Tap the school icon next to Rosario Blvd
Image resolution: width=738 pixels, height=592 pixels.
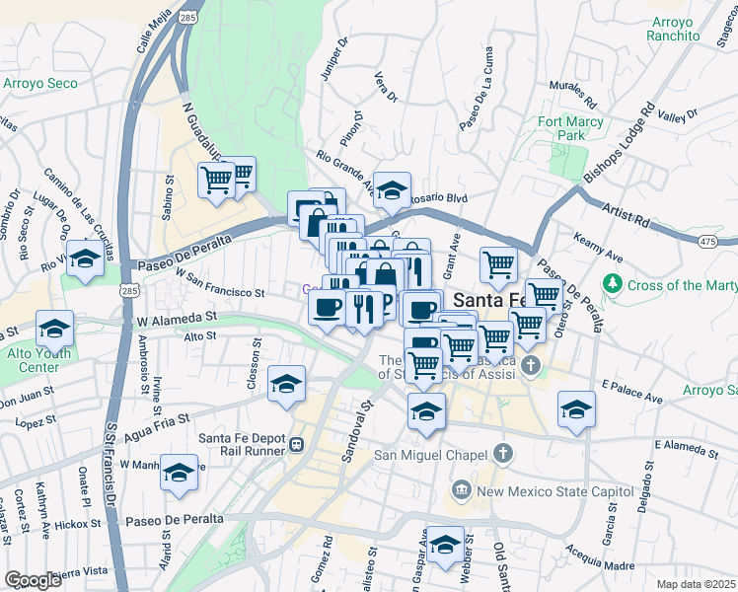[392, 190]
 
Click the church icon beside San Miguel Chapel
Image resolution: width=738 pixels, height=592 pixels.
[503, 455]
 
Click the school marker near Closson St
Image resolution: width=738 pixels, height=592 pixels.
[286, 384]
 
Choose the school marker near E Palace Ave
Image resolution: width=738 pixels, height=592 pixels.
[576, 410]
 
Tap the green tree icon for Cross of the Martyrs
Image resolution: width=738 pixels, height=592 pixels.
[613, 285]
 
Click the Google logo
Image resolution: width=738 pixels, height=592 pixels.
[33, 580]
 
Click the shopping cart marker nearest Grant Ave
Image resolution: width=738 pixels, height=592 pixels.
[499, 264]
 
